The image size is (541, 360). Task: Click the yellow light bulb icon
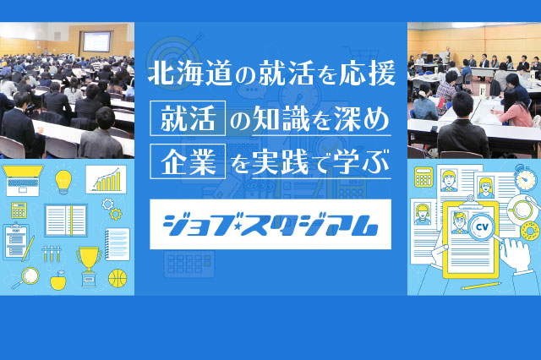(63, 182)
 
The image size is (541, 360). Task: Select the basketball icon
(117, 278)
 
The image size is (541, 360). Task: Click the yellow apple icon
(58, 280)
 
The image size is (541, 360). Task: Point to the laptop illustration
(23, 180)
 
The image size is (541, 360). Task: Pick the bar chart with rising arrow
(107, 179)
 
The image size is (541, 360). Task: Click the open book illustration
(66, 221)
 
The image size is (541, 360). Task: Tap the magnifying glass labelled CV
(483, 229)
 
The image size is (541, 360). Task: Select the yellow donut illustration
(530, 231)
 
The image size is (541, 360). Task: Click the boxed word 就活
(188, 118)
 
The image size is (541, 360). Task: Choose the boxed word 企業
(188, 161)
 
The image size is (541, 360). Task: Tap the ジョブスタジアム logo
(270, 225)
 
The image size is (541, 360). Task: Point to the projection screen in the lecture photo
(96, 41)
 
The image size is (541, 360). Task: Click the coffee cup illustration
(523, 209)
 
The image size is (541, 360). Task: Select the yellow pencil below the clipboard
(481, 286)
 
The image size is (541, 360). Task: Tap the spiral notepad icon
(117, 244)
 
